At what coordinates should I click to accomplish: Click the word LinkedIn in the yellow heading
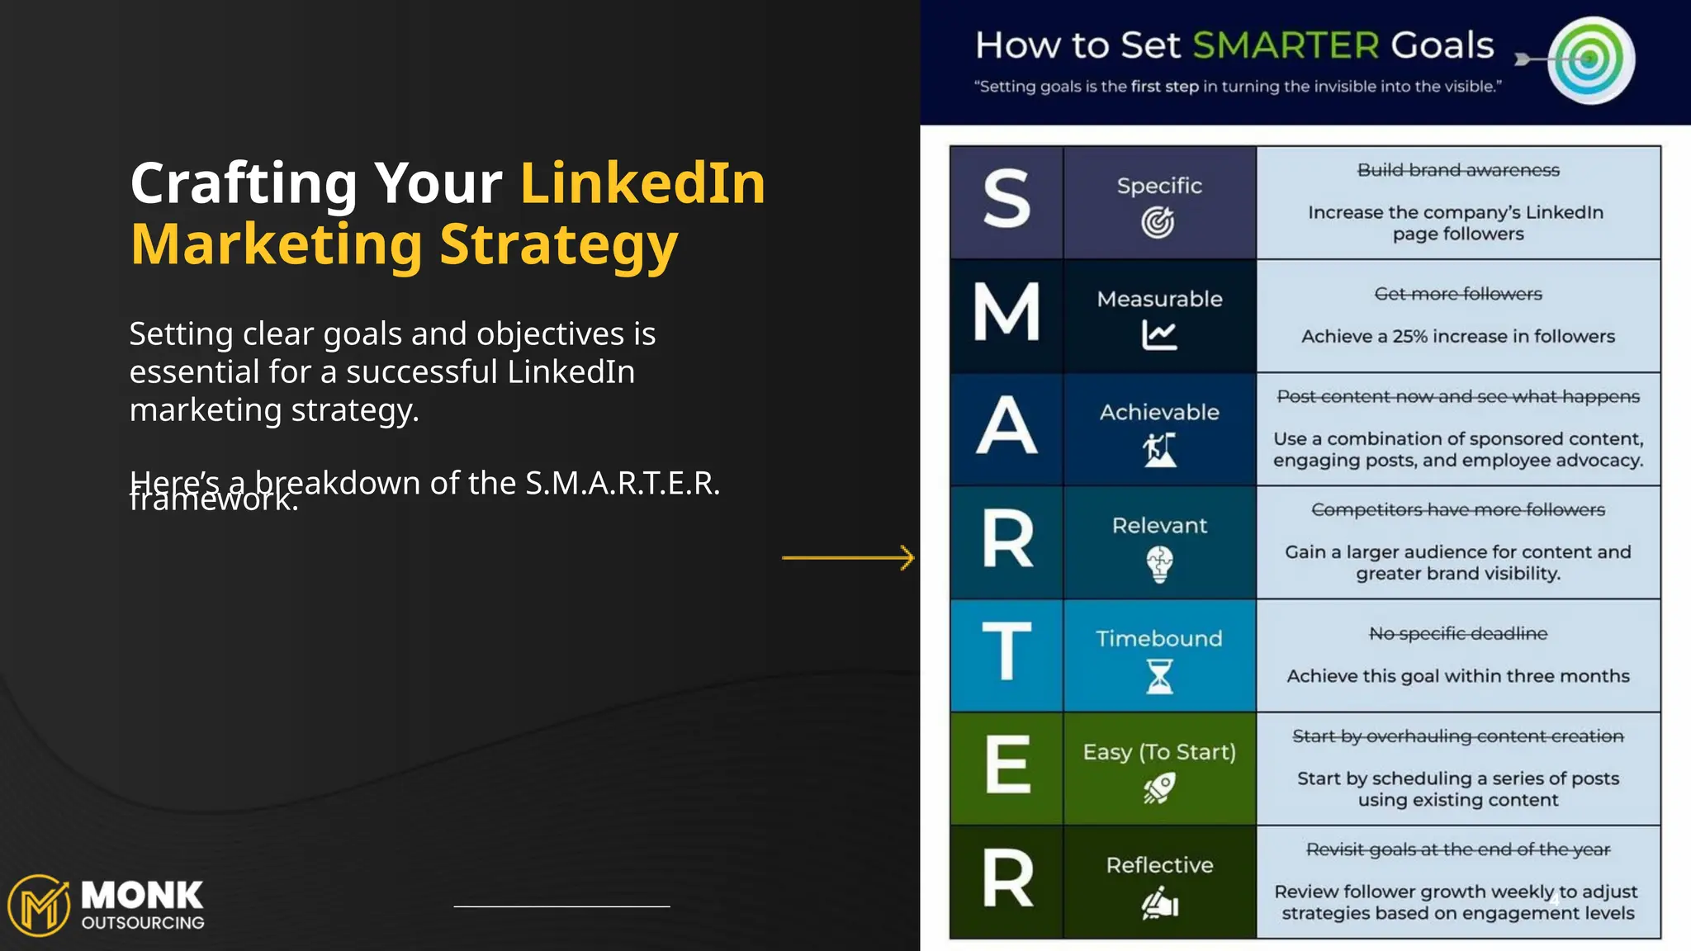tap(642, 182)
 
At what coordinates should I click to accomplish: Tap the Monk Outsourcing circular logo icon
tap(39, 906)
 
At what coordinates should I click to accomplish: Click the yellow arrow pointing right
tap(849, 558)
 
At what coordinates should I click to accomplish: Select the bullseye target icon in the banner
tap(1590, 59)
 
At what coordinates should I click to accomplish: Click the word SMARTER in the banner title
tap(1286, 45)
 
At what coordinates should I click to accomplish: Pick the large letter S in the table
tap(1007, 201)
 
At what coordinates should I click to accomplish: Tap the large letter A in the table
tap(1007, 426)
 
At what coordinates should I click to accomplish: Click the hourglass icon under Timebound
tap(1159, 677)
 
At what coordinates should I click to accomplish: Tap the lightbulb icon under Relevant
tap(1159, 565)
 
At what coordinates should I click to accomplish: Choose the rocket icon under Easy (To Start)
tap(1159, 788)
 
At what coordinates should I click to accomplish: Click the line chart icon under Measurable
tap(1159, 335)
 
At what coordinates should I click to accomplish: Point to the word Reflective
tap(1159, 865)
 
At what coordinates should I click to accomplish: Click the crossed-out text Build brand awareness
tap(1458, 170)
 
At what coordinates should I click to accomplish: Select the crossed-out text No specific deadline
tap(1458, 633)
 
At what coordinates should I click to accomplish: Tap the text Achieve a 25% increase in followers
tap(1458, 336)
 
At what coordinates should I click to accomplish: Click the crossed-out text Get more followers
tap(1458, 294)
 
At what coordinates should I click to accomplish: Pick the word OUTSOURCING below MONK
tap(143, 923)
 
